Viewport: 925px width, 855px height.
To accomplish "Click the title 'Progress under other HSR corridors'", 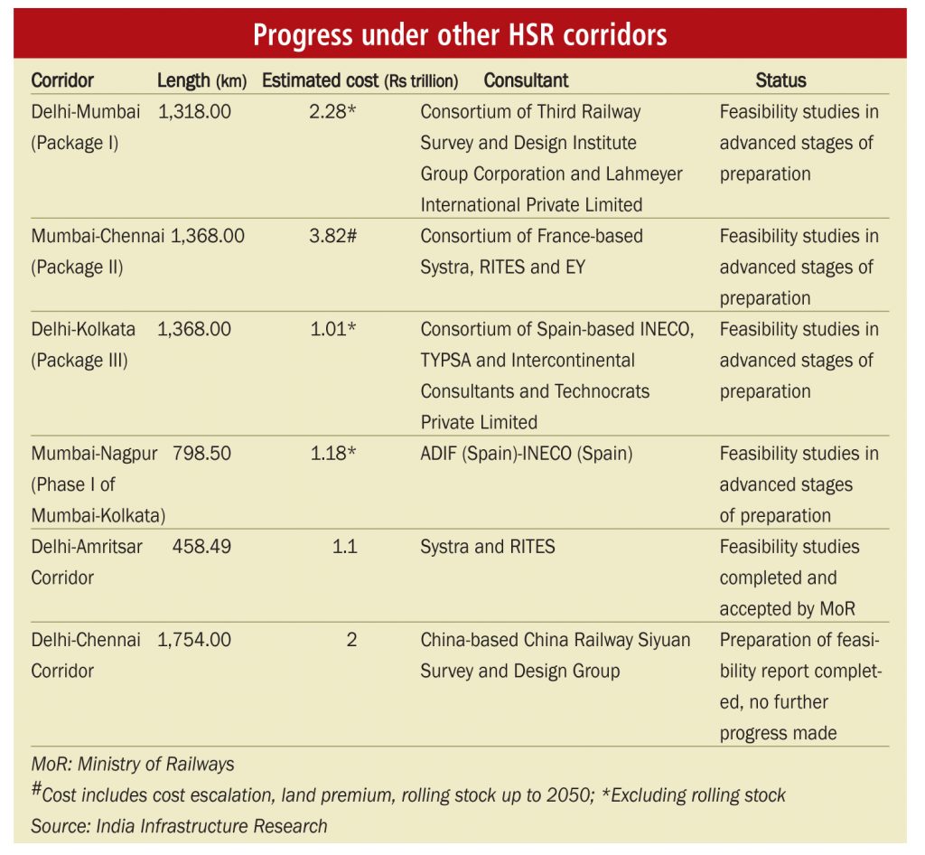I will tap(460, 34).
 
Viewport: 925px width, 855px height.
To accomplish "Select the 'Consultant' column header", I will tap(526, 80).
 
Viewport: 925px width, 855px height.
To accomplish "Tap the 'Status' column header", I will tap(780, 80).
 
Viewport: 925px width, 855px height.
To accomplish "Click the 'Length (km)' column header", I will tap(201, 80).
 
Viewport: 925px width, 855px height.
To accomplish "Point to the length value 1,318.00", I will tap(194, 112).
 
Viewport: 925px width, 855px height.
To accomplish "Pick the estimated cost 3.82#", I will tap(333, 236).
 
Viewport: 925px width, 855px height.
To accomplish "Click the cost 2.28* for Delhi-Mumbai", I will tap(333, 112).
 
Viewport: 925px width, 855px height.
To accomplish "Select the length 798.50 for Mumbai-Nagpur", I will tap(201, 453).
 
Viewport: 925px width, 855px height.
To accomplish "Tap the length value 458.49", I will tap(201, 547).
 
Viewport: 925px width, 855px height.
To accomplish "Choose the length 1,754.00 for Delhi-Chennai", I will tap(194, 640).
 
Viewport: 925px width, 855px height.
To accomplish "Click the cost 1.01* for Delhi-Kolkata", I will tap(333, 329).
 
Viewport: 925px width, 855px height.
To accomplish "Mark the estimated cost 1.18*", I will tap(333, 453).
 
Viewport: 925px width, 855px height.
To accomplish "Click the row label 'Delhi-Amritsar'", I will tap(87, 547).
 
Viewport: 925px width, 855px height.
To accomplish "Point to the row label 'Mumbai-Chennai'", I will tap(98, 236).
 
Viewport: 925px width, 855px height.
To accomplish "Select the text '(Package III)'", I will tap(79, 360).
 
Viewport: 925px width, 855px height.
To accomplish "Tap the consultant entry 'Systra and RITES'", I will tap(488, 547).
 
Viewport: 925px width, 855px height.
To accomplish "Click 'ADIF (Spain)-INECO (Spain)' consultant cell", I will tap(527, 453).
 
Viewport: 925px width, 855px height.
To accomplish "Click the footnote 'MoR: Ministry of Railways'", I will tap(133, 765).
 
